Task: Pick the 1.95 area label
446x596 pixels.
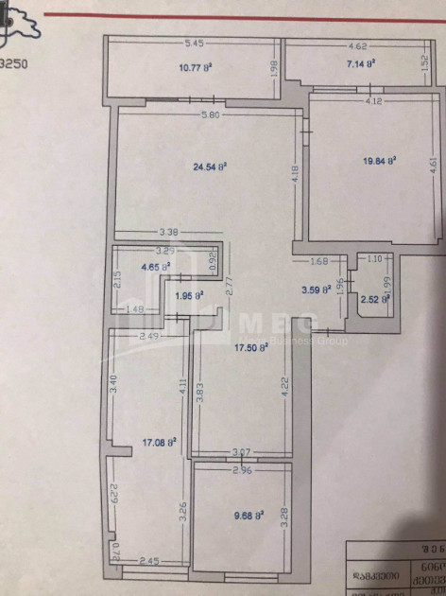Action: point(191,296)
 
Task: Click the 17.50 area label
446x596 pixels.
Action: point(252,347)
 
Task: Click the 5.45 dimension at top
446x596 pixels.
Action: point(195,44)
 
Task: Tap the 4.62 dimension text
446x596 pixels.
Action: point(357,44)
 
